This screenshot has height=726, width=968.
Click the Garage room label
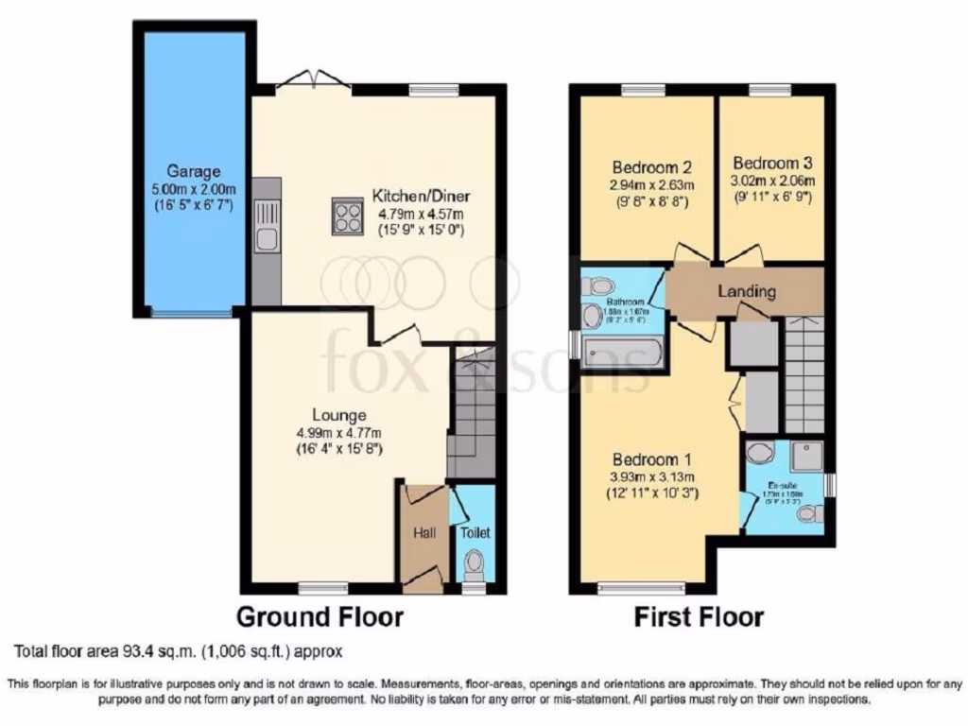(x=194, y=171)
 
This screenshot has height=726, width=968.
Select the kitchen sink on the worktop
(x=267, y=239)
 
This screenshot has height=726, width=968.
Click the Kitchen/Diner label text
(x=421, y=197)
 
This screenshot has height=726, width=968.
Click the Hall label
(x=423, y=533)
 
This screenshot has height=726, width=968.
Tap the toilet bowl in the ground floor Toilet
(x=474, y=565)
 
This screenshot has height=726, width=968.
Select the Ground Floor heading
(x=319, y=617)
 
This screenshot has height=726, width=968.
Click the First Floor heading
(x=698, y=617)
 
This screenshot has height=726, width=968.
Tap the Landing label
(x=747, y=291)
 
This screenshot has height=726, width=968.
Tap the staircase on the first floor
(x=804, y=373)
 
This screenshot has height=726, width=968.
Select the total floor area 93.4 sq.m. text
(x=178, y=651)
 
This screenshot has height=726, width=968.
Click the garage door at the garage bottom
(x=192, y=311)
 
